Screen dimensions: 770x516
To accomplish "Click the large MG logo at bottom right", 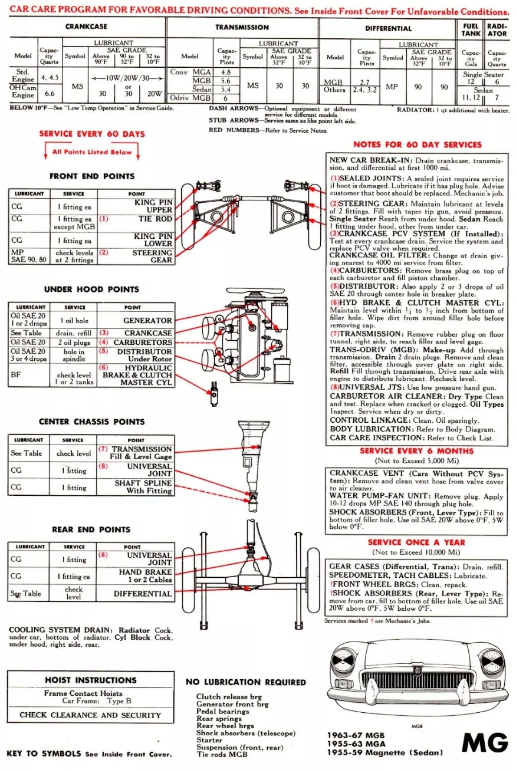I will point(485,743).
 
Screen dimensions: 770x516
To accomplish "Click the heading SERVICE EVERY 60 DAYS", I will point(91,134).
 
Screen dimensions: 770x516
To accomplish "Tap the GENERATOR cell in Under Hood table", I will point(147,321).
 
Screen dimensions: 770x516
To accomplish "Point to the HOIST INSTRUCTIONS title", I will point(90,680).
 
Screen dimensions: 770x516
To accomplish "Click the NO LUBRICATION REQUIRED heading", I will point(246,682).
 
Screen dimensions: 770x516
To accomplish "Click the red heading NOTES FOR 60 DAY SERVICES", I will point(417,144).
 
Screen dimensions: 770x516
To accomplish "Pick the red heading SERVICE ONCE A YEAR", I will point(416,542).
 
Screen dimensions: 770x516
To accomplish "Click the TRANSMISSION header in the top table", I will point(242,27).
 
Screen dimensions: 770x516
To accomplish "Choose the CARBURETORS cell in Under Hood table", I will point(142,342).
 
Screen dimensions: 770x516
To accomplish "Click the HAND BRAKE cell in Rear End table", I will point(145,575).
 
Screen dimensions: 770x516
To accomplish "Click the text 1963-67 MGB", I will point(356,735).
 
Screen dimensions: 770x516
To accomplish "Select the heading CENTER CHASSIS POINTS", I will point(91,422).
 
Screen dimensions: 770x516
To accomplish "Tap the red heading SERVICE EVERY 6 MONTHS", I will point(416,451).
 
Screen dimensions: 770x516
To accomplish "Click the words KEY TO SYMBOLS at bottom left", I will point(45,754).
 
